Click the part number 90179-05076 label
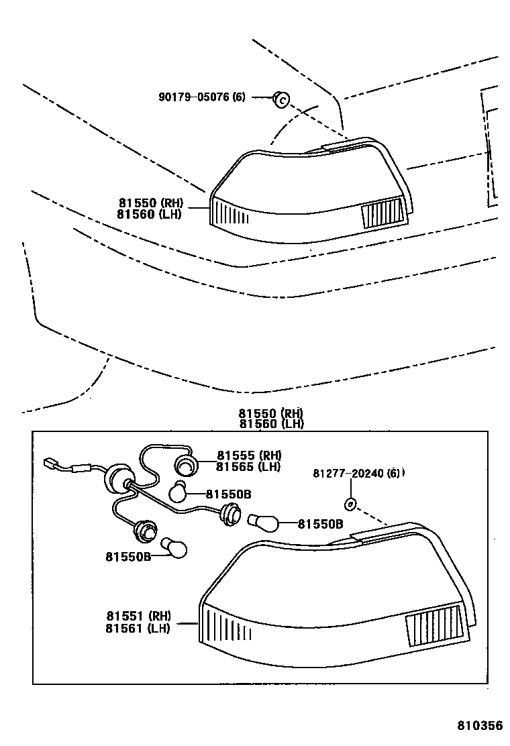coord(202,97)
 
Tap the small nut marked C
coord(282,99)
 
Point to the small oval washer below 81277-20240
coord(350,504)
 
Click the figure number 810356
coord(480,727)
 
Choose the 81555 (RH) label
coord(248,456)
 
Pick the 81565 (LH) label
coord(248,467)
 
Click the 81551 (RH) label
coord(138,615)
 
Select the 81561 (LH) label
coord(138,628)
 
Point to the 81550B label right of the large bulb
coord(320,524)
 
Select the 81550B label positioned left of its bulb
coord(127,555)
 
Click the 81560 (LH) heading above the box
coord(270,424)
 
